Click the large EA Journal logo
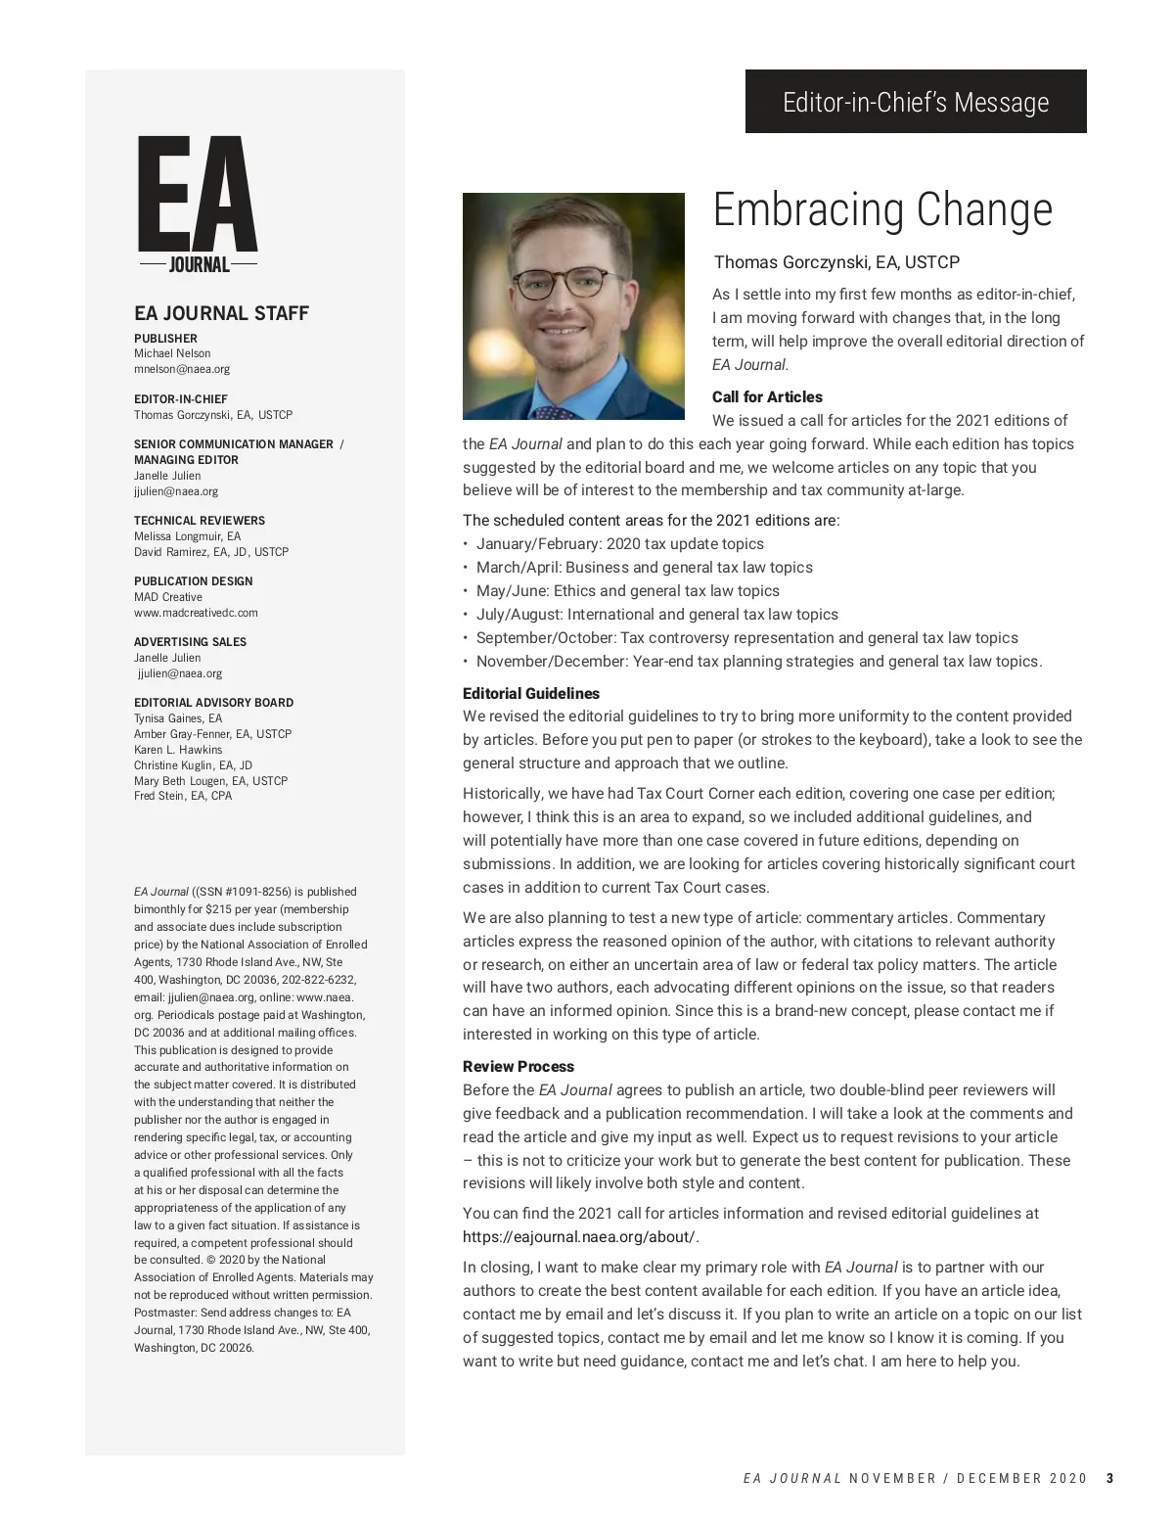198,205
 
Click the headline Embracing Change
882,209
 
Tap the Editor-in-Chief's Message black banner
916,102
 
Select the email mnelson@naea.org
182,369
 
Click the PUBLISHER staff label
165,339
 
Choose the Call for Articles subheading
767,396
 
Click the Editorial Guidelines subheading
531,693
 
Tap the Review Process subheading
519,1066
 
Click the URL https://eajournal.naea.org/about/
581,1236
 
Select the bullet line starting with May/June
627,590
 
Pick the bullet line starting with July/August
656,614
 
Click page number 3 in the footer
1109,1478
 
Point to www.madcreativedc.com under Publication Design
196,613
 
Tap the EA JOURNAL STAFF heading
221,313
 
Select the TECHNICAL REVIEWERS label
200,521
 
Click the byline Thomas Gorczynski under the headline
836,262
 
